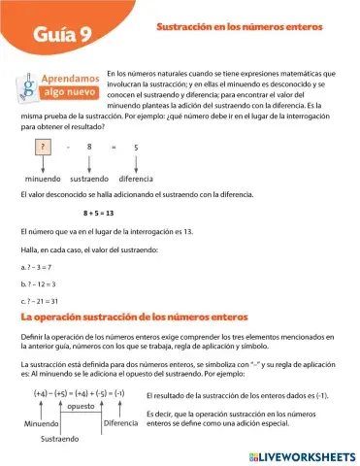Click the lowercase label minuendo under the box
(x=43, y=179)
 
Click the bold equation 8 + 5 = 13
(x=98, y=213)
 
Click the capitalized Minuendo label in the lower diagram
(x=43, y=424)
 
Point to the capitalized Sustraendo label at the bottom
(x=60, y=440)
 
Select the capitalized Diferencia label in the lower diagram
(x=121, y=423)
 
